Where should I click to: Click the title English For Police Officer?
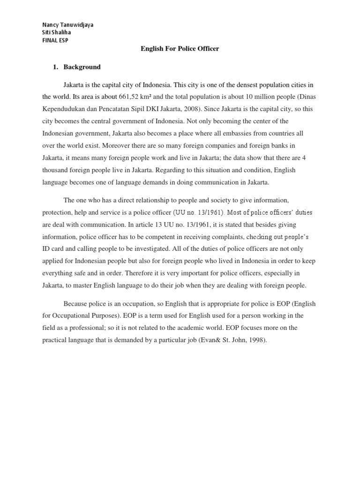[180, 49]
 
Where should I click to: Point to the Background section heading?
[82, 67]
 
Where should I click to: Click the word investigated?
[153, 249]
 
